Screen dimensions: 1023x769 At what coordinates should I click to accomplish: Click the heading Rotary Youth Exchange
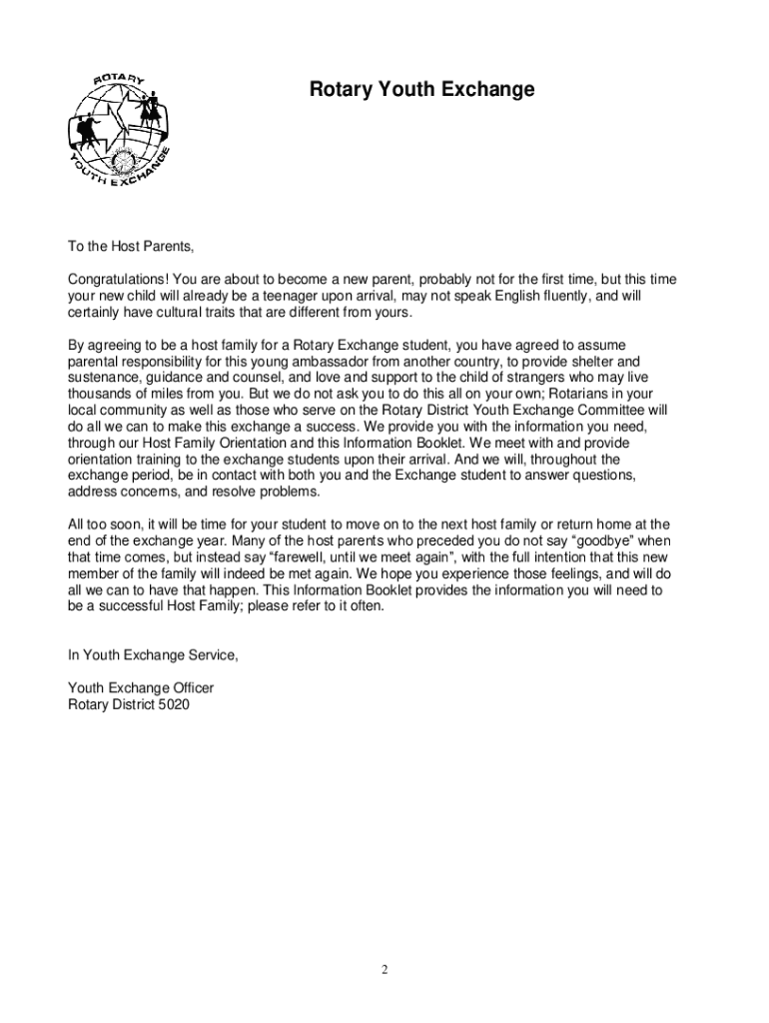[x=421, y=91]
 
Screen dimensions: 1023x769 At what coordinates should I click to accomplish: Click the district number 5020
[x=172, y=704]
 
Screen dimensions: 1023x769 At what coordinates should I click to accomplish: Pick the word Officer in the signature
[x=189, y=688]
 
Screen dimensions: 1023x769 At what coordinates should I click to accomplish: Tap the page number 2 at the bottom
[x=384, y=969]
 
